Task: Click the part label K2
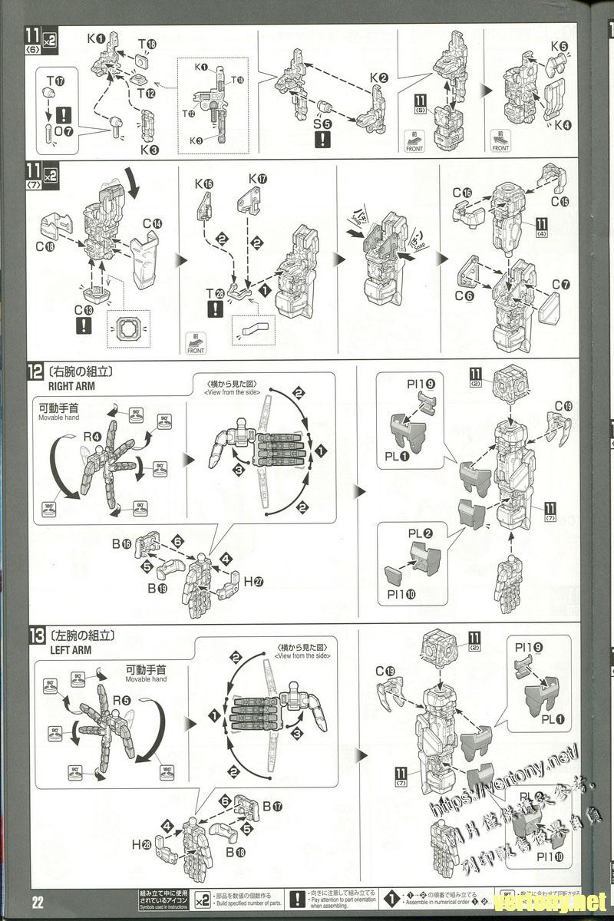(378, 78)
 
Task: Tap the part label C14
(152, 224)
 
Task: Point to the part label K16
(204, 184)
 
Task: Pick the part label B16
(120, 544)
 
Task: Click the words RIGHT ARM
(72, 387)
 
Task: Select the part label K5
(559, 46)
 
